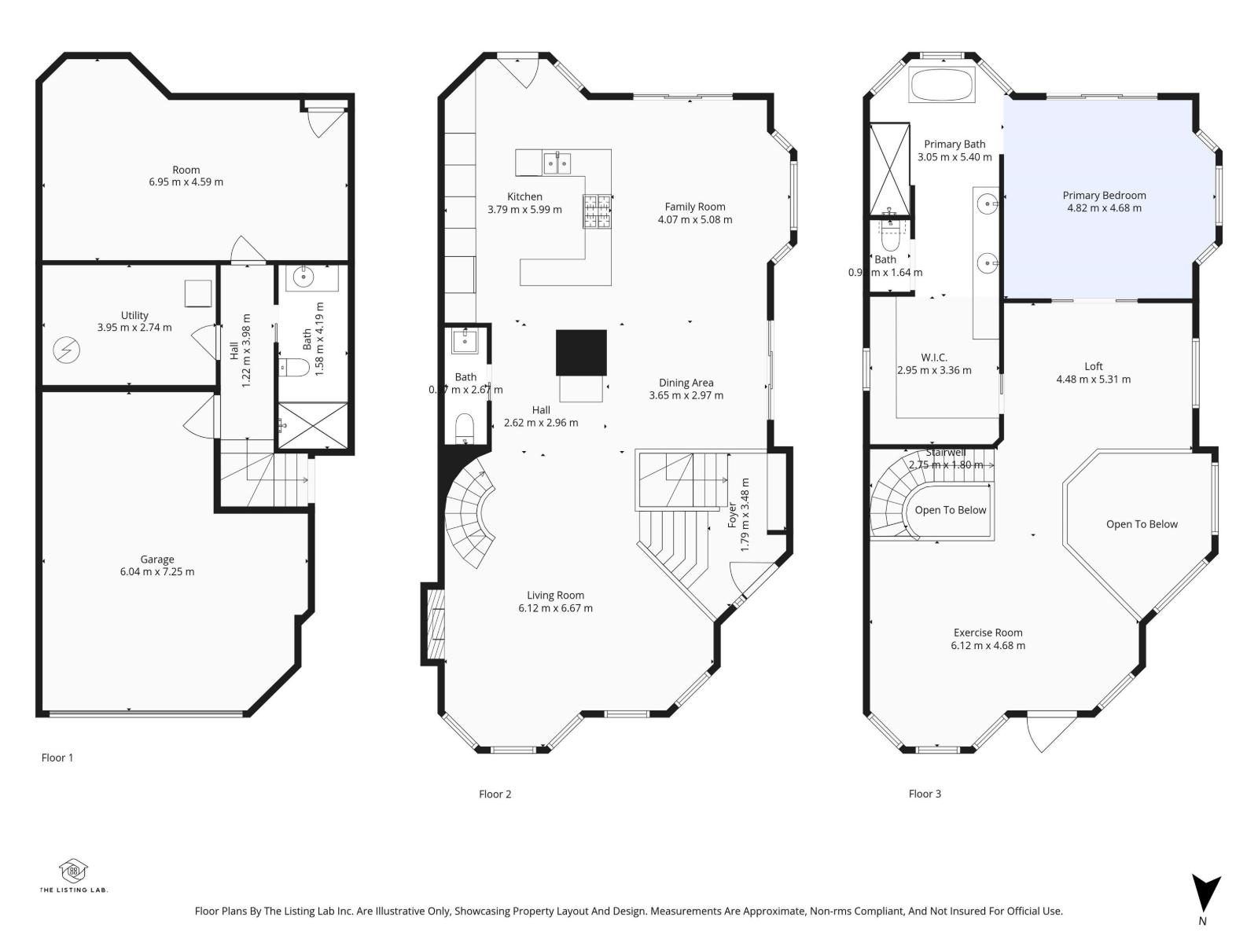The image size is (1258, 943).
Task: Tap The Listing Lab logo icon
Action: (x=74, y=871)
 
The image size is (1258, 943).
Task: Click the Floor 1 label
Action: (x=57, y=758)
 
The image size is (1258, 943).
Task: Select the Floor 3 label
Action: (x=925, y=794)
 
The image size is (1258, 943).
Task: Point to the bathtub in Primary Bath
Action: (x=941, y=84)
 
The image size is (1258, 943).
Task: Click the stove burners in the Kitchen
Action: (x=597, y=211)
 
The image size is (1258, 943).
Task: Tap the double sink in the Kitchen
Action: (x=557, y=163)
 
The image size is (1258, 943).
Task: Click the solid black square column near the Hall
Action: (x=581, y=353)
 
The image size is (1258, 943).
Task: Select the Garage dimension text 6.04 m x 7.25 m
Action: (x=157, y=571)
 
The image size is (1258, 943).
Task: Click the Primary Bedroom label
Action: (x=1104, y=196)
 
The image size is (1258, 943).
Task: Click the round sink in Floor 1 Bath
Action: (x=304, y=277)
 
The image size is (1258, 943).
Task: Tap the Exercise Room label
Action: (x=988, y=633)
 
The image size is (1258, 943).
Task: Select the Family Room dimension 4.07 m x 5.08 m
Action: (x=695, y=219)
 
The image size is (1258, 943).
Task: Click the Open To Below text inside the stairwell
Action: (x=950, y=510)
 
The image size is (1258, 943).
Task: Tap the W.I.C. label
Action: (x=934, y=358)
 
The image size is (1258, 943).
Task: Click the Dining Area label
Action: (x=686, y=383)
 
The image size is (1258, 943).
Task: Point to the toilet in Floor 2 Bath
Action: (x=465, y=428)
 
